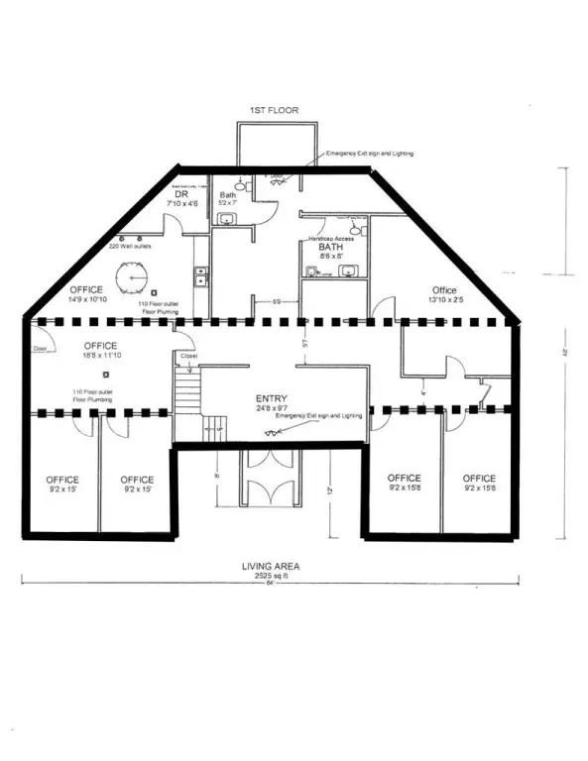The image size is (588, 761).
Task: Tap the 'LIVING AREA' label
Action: [x=271, y=567]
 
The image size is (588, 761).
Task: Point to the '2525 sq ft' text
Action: [x=271, y=576]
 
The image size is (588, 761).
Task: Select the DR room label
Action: [x=181, y=194]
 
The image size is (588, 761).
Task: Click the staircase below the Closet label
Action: [x=186, y=392]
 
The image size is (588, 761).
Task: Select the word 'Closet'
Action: [x=187, y=355]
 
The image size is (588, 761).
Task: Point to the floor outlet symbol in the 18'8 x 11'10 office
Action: [x=106, y=375]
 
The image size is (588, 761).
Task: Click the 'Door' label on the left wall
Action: [x=41, y=349]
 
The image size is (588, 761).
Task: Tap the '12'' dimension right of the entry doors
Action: [x=333, y=489]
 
